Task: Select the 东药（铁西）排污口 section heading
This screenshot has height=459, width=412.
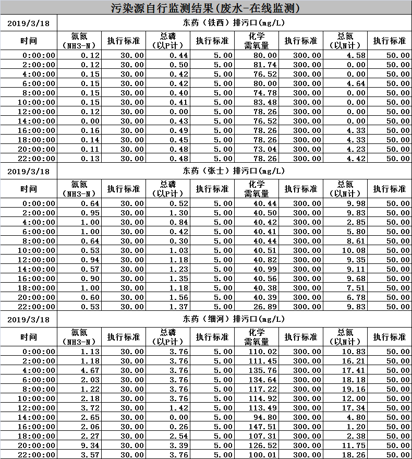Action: coord(233,23)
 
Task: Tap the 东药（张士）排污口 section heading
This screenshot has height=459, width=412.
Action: coord(233,171)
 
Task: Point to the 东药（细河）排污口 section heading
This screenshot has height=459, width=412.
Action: coord(233,319)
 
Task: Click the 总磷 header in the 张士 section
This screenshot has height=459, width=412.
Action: coord(168,189)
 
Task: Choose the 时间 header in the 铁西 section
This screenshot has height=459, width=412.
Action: coord(29,41)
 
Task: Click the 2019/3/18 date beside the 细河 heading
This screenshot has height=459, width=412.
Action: coord(29,319)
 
